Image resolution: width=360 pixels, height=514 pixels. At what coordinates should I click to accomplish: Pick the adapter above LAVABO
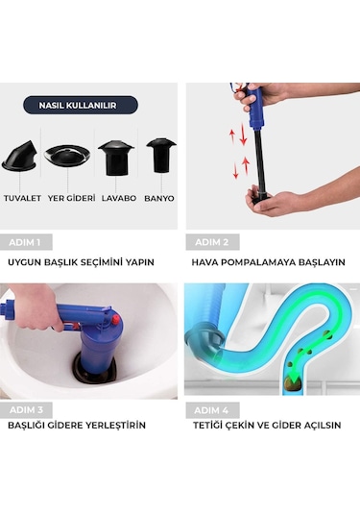click(x=116, y=156)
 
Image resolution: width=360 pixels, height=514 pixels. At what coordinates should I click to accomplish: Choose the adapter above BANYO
click(x=160, y=154)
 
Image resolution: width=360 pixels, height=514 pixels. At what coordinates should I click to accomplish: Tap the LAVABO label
click(x=116, y=200)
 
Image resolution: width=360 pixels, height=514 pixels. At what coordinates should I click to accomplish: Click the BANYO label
click(x=159, y=200)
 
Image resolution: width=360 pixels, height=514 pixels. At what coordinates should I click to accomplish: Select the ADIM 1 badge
click(x=27, y=242)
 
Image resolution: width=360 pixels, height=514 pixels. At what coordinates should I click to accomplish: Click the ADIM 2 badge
click(x=213, y=242)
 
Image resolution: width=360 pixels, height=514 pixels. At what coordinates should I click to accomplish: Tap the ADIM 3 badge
click(x=27, y=407)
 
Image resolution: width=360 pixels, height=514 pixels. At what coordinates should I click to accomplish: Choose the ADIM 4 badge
click(x=213, y=407)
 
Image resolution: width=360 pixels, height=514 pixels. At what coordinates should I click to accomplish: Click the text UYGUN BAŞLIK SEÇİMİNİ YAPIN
click(x=81, y=261)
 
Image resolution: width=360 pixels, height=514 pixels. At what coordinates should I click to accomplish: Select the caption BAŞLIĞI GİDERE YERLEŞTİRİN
click(x=77, y=426)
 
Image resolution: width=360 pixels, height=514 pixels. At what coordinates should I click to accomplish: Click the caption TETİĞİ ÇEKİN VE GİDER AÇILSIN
click(x=268, y=426)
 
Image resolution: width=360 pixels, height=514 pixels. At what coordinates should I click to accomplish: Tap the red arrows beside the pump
click(x=233, y=154)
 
